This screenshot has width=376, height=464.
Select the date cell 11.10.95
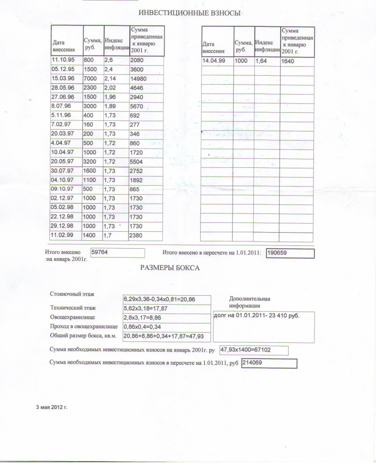tap(63, 60)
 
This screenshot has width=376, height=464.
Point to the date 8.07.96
tap(61, 105)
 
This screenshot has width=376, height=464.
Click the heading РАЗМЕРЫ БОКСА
tap(170, 268)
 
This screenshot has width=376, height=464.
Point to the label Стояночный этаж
tap(72, 294)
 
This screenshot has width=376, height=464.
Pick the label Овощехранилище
tap(72, 317)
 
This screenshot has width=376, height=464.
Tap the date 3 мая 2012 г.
tap(52, 407)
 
